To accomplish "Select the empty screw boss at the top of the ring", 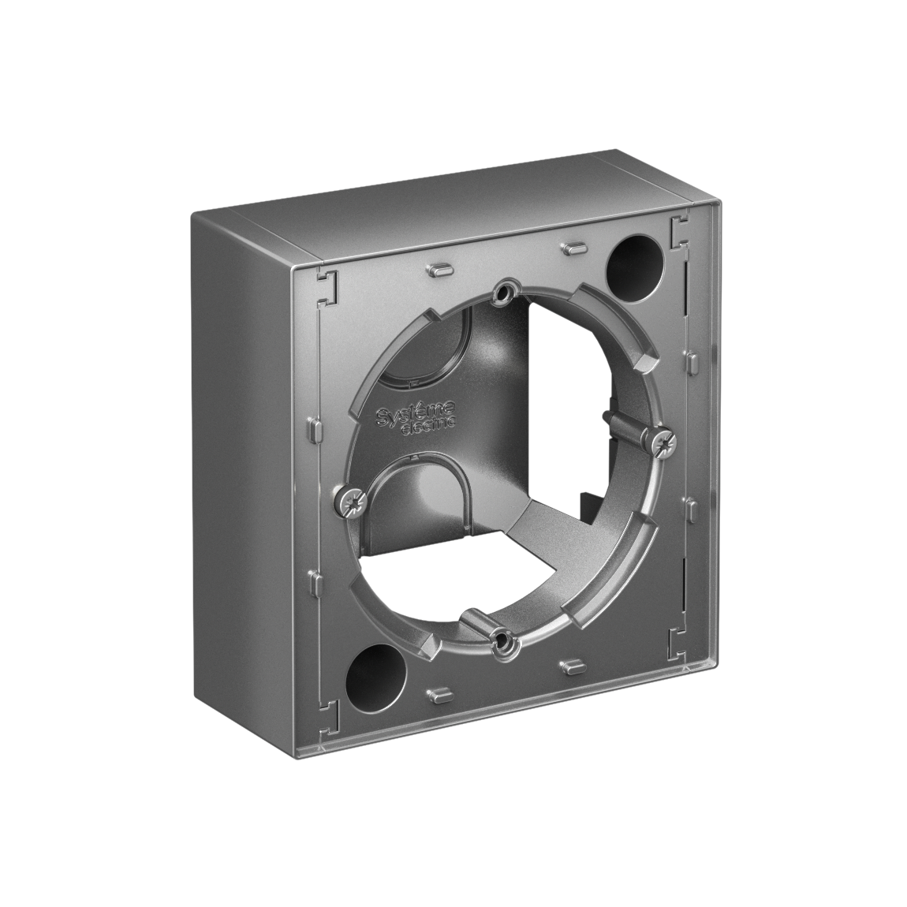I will (502, 295).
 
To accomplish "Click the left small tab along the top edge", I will (439, 269).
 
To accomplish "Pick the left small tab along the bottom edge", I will (436, 694).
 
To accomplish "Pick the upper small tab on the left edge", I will (313, 431).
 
